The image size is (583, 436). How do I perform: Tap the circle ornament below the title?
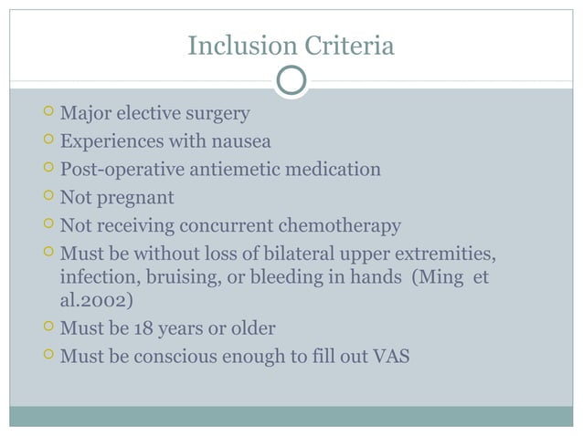tap(291, 80)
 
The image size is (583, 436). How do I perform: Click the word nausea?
tap(242, 142)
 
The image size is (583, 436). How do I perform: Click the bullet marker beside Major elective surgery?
tap(48, 114)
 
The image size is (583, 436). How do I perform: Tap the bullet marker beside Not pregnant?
tap(48, 197)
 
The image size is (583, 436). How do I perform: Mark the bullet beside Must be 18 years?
tap(48, 327)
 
